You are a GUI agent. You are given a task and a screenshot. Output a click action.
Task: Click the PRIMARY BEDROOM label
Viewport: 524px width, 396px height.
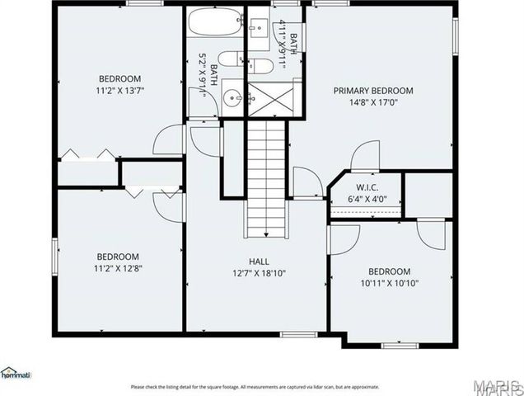pos(372,91)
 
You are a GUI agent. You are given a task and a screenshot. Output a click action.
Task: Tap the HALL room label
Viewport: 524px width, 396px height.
pos(260,261)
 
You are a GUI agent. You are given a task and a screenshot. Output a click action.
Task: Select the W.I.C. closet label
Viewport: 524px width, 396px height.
pos(366,186)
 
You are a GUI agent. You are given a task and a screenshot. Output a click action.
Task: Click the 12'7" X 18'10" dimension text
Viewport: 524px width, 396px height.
pos(260,273)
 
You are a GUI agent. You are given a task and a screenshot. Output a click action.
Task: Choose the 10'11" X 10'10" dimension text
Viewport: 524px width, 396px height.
pos(388,284)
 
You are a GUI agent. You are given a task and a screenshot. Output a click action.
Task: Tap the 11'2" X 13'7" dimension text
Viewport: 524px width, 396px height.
pos(120,92)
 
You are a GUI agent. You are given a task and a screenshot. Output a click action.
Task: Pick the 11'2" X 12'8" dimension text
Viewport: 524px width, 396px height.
pos(117,268)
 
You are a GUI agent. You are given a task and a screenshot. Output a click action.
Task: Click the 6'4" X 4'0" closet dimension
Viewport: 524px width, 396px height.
pos(366,199)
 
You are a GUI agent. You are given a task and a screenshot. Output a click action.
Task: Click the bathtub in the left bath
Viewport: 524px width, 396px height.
pos(213,21)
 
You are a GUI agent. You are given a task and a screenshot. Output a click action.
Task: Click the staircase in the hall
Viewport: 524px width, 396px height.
pos(265,177)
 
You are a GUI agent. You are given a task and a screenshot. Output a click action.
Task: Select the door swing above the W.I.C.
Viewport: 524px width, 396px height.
pos(366,158)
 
